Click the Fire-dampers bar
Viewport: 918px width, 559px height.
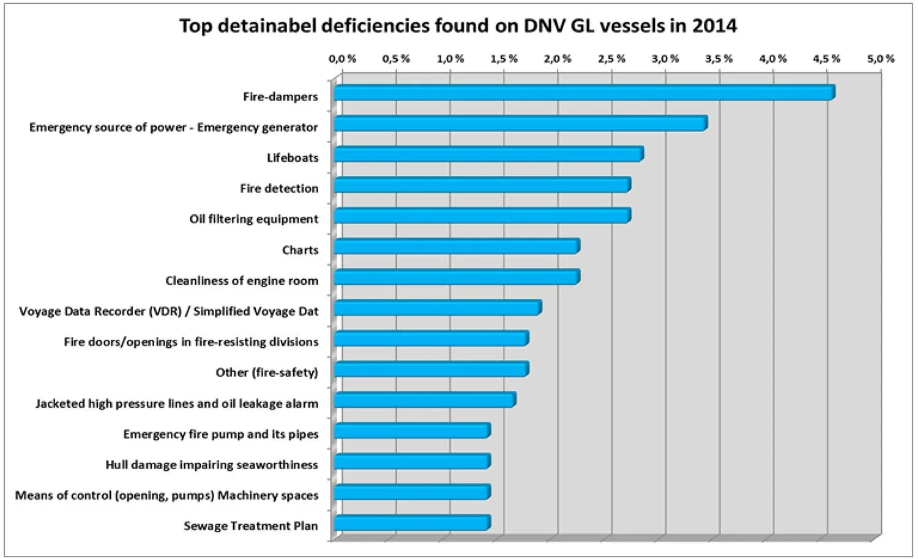point(584,93)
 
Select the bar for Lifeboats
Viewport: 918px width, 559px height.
point(488,154)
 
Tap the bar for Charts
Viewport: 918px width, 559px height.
point(457,247)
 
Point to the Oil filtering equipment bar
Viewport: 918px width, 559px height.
point(482,216)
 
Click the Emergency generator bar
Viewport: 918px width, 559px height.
point(520,124)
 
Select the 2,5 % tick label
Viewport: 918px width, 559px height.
point(611,59)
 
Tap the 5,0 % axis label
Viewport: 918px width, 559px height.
point(881,59)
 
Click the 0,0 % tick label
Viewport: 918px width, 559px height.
point(342,59)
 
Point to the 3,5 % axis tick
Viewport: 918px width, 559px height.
point(719,59)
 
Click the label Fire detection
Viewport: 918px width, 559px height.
point(279,189)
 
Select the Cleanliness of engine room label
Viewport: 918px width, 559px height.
point(242,281)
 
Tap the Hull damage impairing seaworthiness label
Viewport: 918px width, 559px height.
point(212,465)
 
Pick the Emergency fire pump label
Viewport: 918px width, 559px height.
point(221,434)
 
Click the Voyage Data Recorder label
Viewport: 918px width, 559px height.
point(169,312)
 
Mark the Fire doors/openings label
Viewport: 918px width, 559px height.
point(191,342)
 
